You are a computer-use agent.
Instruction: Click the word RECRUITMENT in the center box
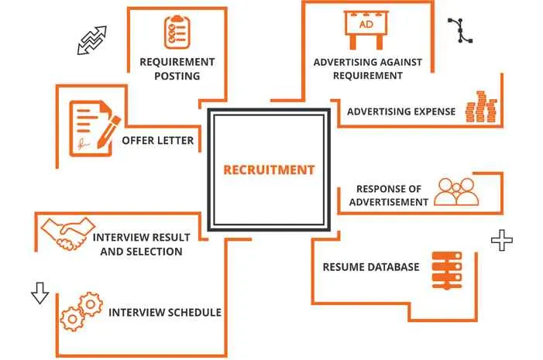[269, 170]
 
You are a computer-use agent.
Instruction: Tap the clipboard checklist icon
[176, 32]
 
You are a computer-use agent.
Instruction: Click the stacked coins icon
[479, 107]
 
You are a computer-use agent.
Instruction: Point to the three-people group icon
[458, 192]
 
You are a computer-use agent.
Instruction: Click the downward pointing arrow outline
[39, 293]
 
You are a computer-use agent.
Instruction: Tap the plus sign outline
[502, 242]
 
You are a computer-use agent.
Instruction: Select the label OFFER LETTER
[157, 141]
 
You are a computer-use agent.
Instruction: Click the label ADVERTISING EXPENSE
[400, 111]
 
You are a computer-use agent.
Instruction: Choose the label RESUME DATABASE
[370, 267]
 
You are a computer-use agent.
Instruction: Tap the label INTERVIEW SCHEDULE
[165, 313]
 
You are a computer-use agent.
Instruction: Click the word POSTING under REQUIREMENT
[177, 76]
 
